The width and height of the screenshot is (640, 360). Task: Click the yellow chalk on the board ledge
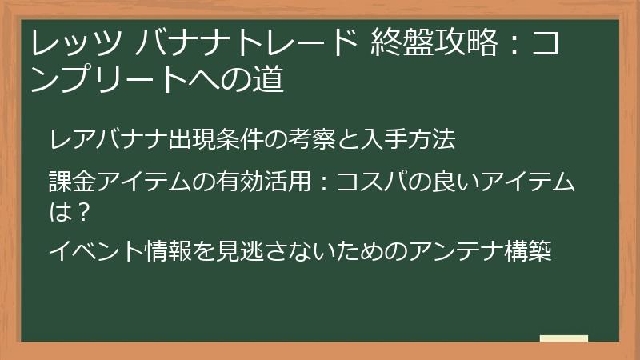coord(564,338)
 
